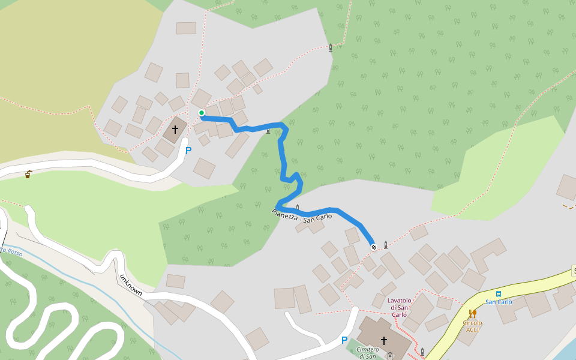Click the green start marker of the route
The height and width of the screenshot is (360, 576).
202,113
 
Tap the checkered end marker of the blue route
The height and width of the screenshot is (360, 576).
374,246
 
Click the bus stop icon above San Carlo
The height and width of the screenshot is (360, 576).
499,294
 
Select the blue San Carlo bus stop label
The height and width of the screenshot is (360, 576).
499,302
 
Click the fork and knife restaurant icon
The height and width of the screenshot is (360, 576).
473,313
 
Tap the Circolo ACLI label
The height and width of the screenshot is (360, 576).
472,326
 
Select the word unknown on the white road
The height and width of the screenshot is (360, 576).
131,285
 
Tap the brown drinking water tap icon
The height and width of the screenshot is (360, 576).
28,175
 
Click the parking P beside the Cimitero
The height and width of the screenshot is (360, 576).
344,340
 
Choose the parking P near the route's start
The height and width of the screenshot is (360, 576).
188,151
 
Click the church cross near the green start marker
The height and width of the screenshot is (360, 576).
175,129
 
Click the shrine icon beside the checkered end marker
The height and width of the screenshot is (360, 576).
385,245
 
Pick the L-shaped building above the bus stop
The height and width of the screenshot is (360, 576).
487,255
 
